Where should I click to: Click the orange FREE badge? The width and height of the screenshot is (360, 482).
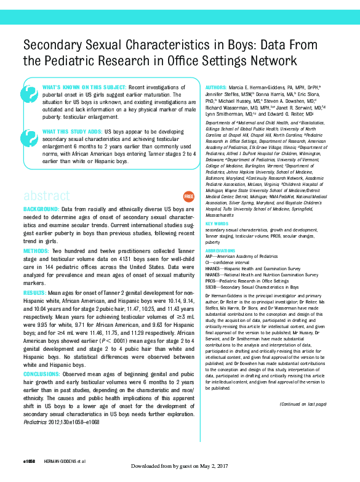(x=189, y=196)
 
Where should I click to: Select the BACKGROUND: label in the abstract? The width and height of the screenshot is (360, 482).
(x=42, y=210)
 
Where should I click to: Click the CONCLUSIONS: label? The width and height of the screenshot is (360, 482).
(x=46, y=374)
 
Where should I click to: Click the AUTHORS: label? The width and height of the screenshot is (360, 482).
(x=216, y=88)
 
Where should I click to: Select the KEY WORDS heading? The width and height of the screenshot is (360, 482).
(x=217, y=223)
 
